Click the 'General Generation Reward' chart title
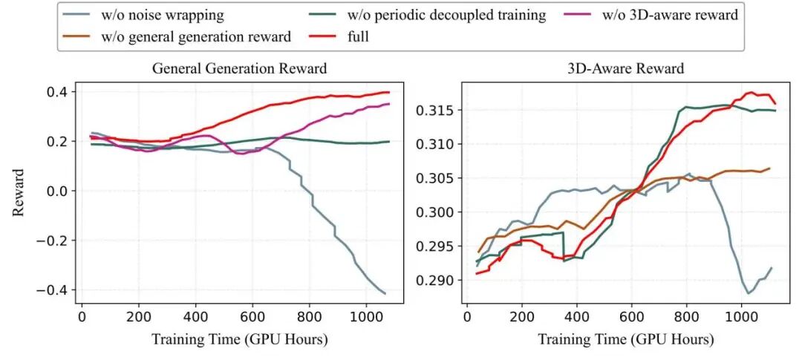239,69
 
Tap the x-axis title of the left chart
239,339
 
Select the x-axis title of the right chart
625,339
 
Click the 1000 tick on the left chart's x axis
365,316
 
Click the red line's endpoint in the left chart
389,92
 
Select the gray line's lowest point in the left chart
385,293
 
